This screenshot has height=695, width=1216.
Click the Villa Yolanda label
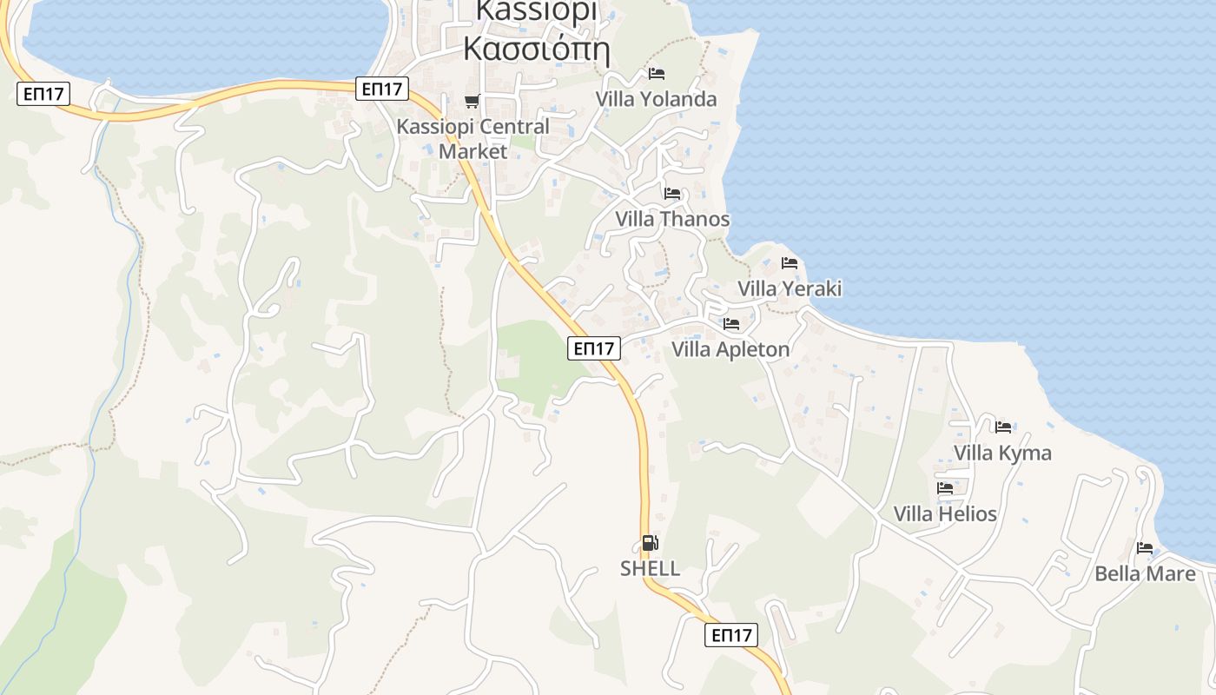point(656,99)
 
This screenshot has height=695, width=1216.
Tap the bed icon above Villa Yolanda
point(657,74)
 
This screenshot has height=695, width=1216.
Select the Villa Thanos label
point(672,219)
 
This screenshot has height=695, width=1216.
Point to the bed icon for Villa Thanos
point(672,193)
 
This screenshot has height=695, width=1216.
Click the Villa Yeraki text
point(790,288)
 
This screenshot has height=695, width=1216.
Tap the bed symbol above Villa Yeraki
point(790,262)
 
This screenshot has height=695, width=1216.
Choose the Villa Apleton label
point(730,349)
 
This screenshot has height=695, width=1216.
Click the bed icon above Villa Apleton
point(731,324)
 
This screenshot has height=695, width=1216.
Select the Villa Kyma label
point(1002,453)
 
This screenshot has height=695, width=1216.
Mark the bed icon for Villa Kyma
point(1003,427)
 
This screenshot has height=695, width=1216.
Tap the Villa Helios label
point(945,514)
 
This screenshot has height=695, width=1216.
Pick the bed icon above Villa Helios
point(945,488)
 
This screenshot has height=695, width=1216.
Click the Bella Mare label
point(1145,573)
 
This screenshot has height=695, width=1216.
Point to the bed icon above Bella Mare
point(1145,548)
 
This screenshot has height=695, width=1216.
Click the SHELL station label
point(650,569)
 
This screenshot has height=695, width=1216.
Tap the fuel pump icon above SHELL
point(650,544)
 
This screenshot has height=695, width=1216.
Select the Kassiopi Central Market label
point(473,138)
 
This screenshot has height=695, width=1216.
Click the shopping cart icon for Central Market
point(472,102)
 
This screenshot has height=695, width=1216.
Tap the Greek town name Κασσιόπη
point(536,49)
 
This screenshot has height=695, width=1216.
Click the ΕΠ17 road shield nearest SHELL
point(730,635)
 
